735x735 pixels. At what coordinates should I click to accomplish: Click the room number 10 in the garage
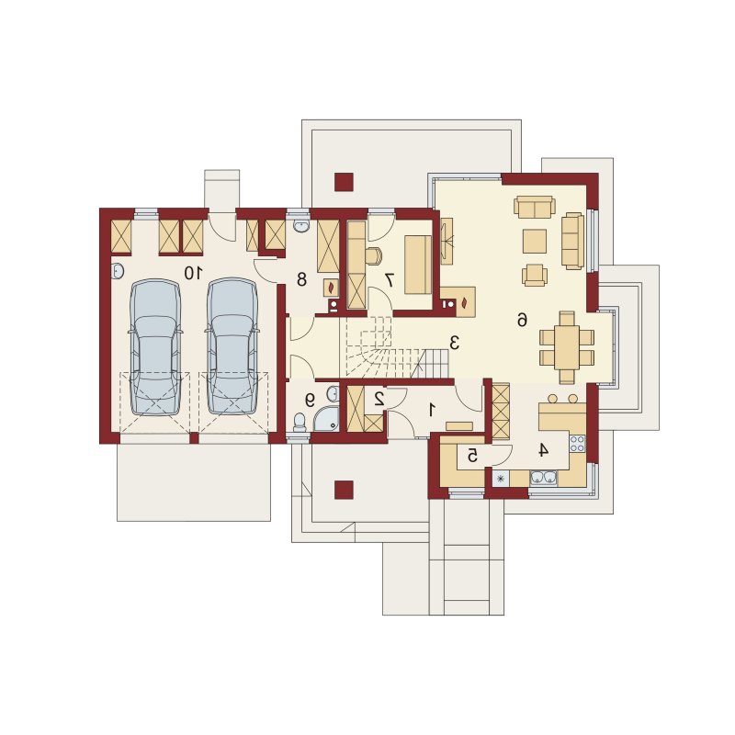click(193, 273)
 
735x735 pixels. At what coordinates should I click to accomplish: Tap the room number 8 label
click(301, 279)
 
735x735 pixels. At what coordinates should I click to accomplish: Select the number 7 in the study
click(390, 280)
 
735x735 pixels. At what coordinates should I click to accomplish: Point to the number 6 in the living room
click(522, 320)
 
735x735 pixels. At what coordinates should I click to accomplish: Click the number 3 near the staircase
click(454, 343)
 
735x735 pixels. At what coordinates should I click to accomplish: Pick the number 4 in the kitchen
click(543, 450)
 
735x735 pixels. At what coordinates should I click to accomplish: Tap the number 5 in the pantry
click(472, 455)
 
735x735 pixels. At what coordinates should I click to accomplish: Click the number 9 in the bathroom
click(310, 400)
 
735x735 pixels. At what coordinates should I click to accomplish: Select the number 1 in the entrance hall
click(432, 410)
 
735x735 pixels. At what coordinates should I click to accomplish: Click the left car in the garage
click(155, 347)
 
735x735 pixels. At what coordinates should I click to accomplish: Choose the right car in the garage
click(232, 346)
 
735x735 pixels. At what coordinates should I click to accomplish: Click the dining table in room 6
click(567, 347)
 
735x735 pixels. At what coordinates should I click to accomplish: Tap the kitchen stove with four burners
click(578, 444)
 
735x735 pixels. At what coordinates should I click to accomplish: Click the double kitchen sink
click(543, 478)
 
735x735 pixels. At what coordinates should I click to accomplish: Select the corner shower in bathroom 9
click(327, 419)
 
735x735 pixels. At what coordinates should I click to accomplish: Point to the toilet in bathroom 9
click(299, 423)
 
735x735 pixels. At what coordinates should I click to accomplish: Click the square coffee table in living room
click(535, 241)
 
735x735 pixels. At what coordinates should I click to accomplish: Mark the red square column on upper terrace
click(344, 182)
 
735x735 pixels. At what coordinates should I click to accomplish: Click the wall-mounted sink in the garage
click(118, 271)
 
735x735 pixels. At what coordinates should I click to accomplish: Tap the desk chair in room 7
click(374, 255)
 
